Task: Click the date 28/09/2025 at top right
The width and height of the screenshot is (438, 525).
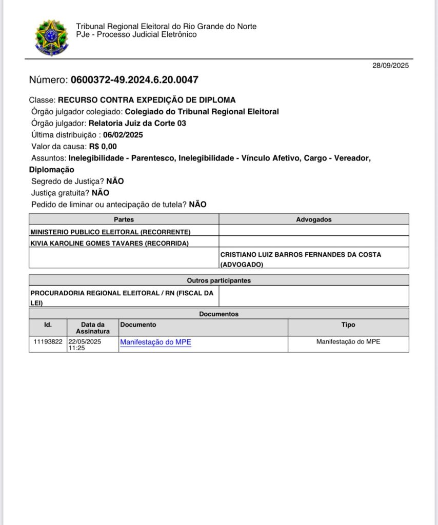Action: (x=390, y=65)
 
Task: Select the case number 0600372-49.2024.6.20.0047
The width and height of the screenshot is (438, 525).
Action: (x=134, y=80)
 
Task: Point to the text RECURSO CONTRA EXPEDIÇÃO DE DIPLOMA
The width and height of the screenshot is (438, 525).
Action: (x=147, y=100)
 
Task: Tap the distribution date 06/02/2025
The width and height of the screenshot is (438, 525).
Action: (x=123, y=135)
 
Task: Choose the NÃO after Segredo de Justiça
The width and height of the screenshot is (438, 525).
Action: (x=115, y=181)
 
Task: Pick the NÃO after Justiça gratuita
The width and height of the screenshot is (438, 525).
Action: (x=100, y=193)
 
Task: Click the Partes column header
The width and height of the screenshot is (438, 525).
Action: (x=124, y=219)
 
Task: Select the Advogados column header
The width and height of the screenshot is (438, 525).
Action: (x=314, y=219)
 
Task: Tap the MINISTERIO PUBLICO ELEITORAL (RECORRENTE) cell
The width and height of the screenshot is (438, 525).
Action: (x=110, y=232)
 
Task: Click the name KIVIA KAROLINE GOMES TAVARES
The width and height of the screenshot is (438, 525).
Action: (x=94, y=243)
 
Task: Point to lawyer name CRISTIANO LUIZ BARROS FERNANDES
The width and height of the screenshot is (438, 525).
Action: (x=301, y=254)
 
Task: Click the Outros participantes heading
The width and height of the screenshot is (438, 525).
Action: (x=219, y=280)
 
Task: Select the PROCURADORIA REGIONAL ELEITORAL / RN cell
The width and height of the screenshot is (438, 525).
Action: (x=122, y=293)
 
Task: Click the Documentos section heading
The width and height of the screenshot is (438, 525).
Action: (x=219, y=314)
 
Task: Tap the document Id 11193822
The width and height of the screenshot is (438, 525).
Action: (x=48, y=341)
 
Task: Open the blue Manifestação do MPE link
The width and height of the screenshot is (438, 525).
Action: (x=155, y=342)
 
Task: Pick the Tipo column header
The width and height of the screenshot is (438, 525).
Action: (x=348, y=325)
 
